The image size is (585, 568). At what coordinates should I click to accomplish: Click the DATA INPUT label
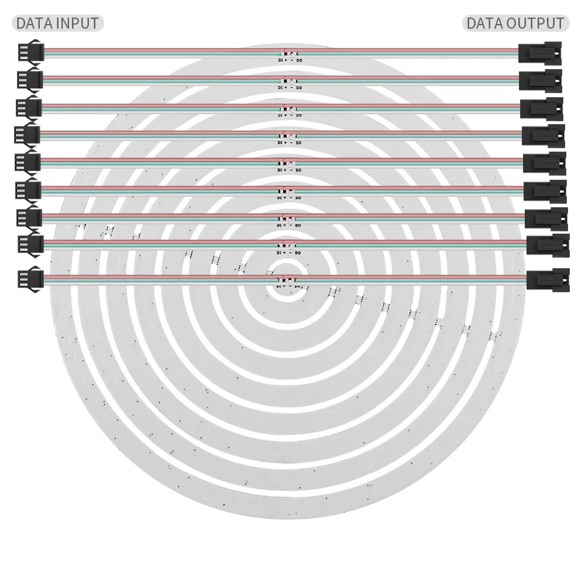click(x=57, y=23)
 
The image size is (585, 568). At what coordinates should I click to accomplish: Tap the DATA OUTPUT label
click(x=515, y=23)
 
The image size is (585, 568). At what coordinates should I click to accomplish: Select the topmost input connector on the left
click(x=29, y=52)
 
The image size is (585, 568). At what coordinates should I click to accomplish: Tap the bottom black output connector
click(x=548, y=279)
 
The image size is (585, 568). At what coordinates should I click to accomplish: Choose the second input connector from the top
click(x=30, y=78)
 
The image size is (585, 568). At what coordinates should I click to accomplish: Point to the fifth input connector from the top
click(x=28, y=161)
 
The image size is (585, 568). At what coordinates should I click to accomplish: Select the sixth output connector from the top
click(x=545, y=191)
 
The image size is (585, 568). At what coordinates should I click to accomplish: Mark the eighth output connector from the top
click(x=548, y=244)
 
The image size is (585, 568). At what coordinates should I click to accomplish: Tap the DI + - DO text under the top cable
click(x=290, y=60)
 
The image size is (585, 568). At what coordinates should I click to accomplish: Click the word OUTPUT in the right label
click(x=535, y=23)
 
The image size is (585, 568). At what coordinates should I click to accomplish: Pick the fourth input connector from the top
click(x=27, y=134)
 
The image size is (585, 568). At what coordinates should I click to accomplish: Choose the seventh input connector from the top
click(x=29, y=217)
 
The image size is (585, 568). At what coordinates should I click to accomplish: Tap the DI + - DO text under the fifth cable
click(x=289, y=170)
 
